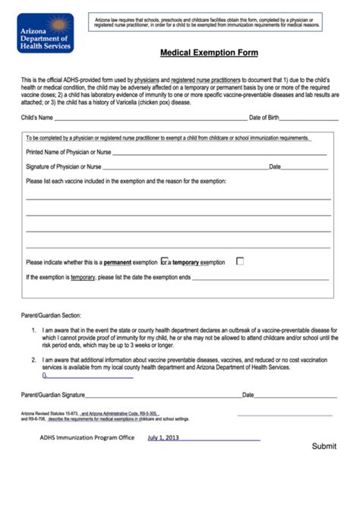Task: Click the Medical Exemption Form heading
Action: coord(209,53)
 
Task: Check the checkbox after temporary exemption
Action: coord(240,261)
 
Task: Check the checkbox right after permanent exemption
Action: coord(163,261)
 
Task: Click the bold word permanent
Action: coord(118,263)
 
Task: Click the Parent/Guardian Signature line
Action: coord(163,396)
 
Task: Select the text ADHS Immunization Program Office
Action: coord(87,438)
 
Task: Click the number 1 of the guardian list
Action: coord(33,331)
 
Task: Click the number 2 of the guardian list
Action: coord(33,359)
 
